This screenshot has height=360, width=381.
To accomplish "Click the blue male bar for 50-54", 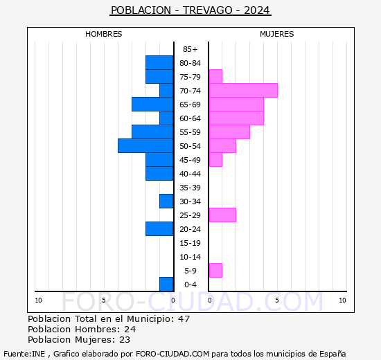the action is (x=145, y=146).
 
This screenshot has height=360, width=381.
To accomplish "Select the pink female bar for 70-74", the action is (x=243, y=91).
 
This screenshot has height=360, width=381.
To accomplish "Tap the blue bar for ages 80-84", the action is (x=159, y=63).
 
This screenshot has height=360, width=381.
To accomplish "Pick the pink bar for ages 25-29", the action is (x=222, y=215).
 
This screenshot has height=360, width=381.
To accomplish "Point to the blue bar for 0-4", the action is (x=166, y=285).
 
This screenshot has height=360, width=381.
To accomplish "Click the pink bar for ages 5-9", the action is (x=215, y=271).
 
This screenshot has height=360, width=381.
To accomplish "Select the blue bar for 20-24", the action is (x=159, y=229).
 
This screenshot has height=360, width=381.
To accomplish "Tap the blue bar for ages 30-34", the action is (x=166, y=201).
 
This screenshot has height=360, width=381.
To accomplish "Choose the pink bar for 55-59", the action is (x=229, y=132).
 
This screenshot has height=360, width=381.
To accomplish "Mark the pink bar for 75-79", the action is (x=215, y=77).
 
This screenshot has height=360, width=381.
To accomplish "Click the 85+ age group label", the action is (x=190, y=49).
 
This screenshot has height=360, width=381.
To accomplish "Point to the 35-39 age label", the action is (x=190, y=188).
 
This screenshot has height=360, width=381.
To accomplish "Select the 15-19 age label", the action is (x=190, y=243).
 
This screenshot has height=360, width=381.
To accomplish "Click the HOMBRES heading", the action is (x=103, y=34).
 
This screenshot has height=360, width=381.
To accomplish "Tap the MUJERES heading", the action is (x=277, y=34).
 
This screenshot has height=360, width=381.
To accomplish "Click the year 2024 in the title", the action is (x=256, y=10).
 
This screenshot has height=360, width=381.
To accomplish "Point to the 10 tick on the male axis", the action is (x=38, y=300).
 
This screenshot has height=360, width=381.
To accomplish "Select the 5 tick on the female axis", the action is (x=277, y=300).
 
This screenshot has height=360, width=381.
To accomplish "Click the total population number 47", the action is (x=184, y=318).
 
